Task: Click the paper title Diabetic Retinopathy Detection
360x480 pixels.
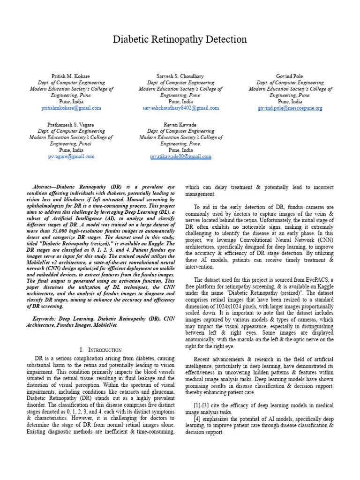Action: (180, 39)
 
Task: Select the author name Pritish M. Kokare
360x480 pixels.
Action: (71, 76)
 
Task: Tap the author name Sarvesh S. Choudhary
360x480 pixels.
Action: (180, 76)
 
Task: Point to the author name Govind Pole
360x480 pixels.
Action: (290, 76)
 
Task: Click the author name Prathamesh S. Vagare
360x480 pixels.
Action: (71, 125)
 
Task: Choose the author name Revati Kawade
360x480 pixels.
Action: (180, 125)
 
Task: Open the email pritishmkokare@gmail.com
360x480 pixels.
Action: (71, 108)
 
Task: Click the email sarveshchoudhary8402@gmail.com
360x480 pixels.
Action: (180, 108)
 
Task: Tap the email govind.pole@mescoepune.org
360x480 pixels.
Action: (290, 108)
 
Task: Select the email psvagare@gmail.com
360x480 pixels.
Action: (71, 157)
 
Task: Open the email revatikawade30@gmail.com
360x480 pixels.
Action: (180, 157)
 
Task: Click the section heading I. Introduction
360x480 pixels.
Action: (101, 350)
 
